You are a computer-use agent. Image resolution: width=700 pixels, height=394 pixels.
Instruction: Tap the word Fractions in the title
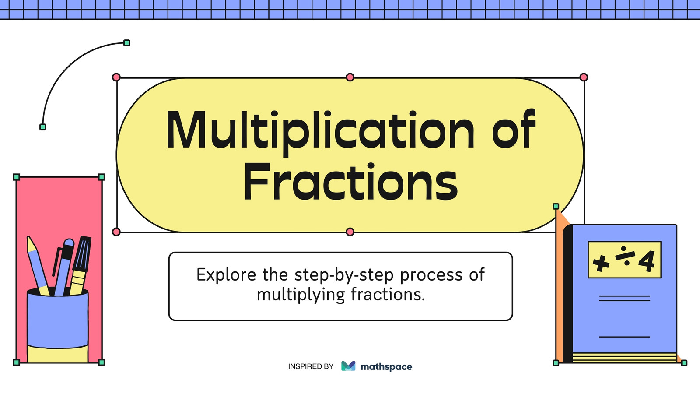click(x=350, y=182)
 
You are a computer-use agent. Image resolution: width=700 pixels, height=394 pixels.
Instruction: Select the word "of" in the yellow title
click(x=514, y=129)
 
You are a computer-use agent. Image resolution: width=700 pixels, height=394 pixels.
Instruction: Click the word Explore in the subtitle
click(x=226, y=274)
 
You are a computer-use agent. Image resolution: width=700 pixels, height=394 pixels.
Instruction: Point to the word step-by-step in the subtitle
click(x=344, y=275)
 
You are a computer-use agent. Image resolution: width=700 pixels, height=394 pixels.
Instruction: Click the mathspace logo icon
click(x=348, y=366)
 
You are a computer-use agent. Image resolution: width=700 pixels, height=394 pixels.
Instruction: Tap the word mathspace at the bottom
click(x=386, y=367)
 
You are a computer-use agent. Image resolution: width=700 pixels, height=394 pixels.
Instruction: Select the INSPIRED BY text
click(x=311, y=366)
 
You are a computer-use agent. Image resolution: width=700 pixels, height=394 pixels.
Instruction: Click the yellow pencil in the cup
click(x=38, y=266)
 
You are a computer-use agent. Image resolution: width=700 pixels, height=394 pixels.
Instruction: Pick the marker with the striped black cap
click(x=80, y=265)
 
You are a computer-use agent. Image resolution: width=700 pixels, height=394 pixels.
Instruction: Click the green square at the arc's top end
click(x=126, y=43)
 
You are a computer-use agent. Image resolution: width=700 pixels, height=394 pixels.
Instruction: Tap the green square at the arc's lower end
click(x=43, y=127)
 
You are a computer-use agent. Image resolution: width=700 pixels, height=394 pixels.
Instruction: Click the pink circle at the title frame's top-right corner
click(x=584, y=77)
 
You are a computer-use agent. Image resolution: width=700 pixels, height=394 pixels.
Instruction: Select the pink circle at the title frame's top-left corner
click(x=116, y=77)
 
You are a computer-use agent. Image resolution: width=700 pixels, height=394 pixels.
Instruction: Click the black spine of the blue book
click(x=568, y=294)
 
